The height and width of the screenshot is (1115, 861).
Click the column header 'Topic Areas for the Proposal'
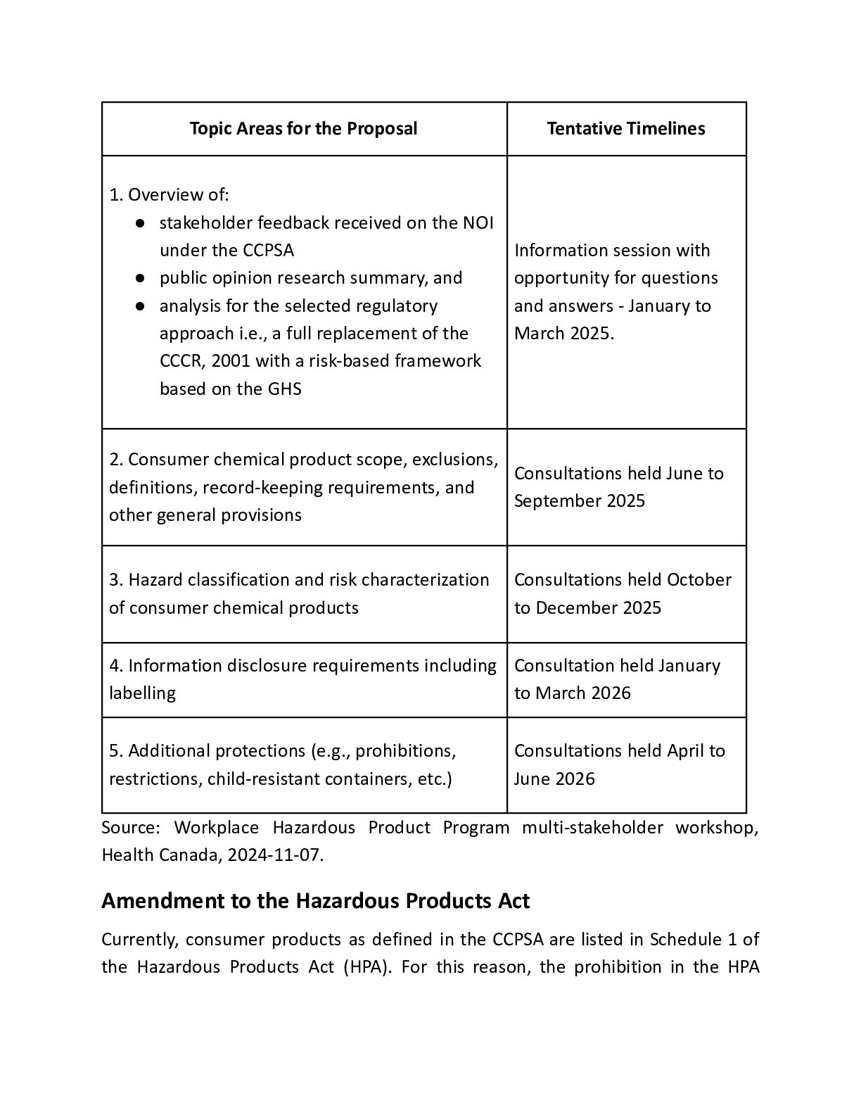click(303, 129)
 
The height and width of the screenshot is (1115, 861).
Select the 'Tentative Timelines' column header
click(626, 129)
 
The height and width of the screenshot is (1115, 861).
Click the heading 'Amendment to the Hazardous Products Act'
click(315, 901)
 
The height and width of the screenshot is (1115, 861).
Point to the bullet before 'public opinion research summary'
click(141, 278)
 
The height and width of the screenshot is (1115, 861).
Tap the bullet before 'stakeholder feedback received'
click(141, 223)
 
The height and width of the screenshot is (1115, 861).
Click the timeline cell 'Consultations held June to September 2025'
click(618, 487)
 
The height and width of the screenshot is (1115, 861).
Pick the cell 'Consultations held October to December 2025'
click(623, 593)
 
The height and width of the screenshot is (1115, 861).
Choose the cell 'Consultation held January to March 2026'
click(617, 679)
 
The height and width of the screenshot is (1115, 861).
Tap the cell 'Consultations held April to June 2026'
click(619, 764)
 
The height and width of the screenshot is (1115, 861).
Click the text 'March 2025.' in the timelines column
click(564, 334)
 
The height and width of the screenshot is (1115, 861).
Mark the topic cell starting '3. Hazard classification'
click(299, 593)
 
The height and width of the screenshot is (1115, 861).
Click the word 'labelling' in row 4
click(142, 693)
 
